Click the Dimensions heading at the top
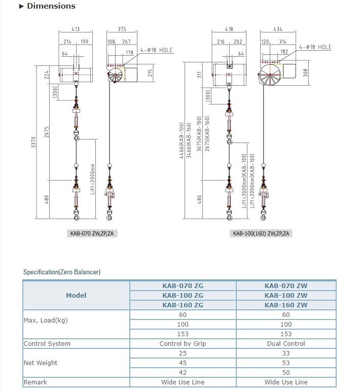pos(51,7)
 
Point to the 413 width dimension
pos(76,29)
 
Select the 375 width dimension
pos(122,29)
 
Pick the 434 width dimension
pos(278,29)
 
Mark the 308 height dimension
pos(305,73)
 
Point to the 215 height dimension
pos(150,72)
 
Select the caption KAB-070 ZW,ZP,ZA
pos(92,234)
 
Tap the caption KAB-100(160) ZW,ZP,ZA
pos(261,234)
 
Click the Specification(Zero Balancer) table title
pos(62,272)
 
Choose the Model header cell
pos(76,295)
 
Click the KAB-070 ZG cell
pos(183,286)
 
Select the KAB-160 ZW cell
pos(286,305)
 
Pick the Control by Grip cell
pos(183,344)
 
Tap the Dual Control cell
pos(286,344)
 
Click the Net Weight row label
pos(41,363)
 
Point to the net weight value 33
pos(286,353)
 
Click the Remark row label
pos(35,382)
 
